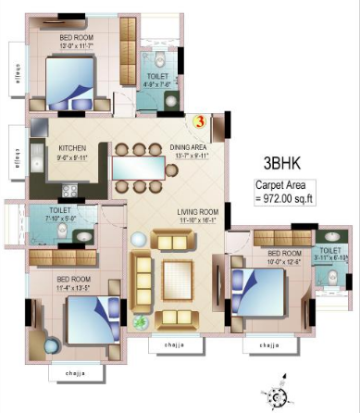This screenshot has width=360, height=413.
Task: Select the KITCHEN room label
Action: [73, 147]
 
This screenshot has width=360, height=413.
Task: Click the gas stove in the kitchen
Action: [68, 191]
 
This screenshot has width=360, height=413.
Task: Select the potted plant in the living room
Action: [142, 323]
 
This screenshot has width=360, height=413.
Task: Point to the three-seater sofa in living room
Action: [143, 277]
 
